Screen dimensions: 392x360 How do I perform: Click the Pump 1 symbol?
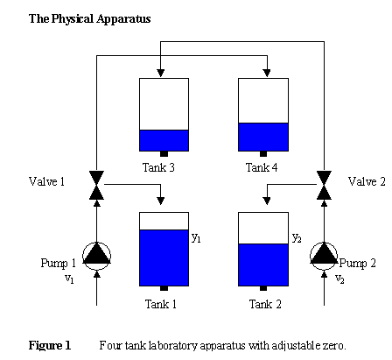pos(96,256)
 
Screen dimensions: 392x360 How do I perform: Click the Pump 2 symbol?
pos(324,256)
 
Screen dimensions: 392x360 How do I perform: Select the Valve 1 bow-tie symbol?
pos(96,185)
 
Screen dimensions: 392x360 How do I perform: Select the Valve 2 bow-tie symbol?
pos(324,185)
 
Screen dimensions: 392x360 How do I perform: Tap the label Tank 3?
pos(158,167)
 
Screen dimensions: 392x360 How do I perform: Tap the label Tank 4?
pos(262,167)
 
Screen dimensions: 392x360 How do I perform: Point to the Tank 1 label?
pos(161,304)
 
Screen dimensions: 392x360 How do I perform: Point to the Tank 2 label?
pos(265,304)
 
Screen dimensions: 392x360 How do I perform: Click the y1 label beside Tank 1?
pos(196,238)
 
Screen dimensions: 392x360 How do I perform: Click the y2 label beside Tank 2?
pos(297,238)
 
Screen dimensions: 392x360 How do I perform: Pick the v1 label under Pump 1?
pos(69,279)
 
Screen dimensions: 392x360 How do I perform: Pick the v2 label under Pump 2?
pos(339,279)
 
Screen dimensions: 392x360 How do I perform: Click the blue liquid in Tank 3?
pos(164,140)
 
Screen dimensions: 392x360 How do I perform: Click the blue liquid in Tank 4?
pos(263,137)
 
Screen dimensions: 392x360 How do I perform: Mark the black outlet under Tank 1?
pos(164,288)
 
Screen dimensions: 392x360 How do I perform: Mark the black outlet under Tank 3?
pos(164,154)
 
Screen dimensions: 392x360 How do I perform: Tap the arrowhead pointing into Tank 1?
pos(160,201)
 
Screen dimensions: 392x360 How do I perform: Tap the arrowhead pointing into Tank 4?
pos(267,73)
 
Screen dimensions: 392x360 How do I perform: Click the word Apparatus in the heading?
pos(123,19)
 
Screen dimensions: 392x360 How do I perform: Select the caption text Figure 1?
pos(50,345)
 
